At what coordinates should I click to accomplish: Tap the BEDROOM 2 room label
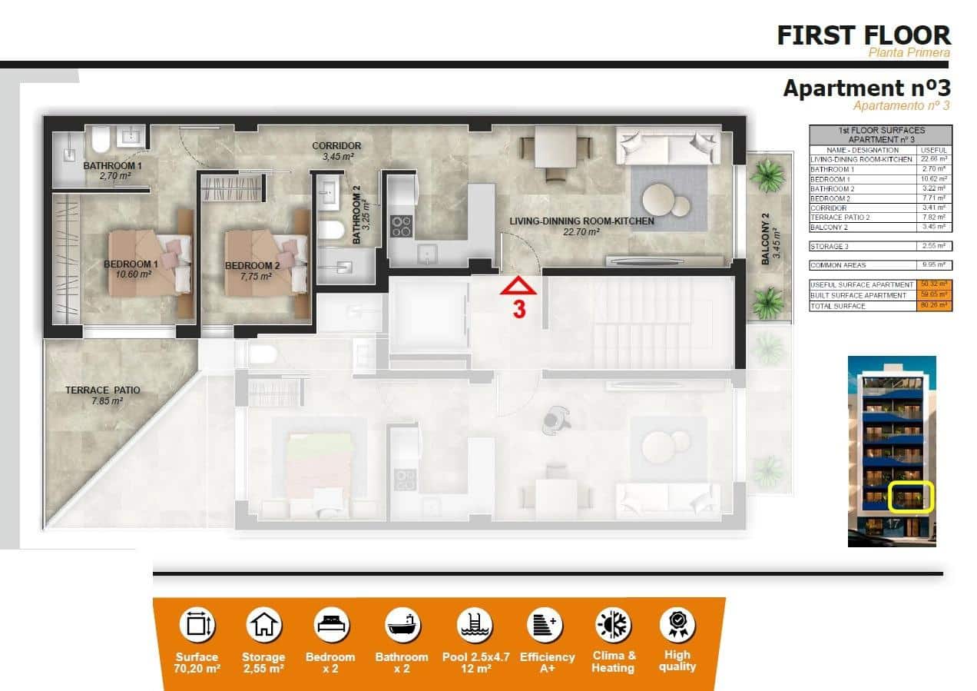pos(247,267)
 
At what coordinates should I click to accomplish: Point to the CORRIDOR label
pos(336,146)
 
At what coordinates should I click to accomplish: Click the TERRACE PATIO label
pos(102,390)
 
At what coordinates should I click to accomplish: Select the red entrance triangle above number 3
pos(518,287)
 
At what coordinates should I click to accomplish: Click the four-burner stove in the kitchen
pos(402,225)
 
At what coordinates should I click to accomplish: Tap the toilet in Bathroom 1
pos(99,141)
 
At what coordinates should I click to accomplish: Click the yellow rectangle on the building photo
pos(911,497)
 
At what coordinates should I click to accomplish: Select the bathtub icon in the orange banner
pos(401,624)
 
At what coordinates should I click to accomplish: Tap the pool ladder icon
pos(473,624)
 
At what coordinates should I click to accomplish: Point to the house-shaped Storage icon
pos(263,624)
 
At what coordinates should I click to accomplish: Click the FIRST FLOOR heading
pos(863,35)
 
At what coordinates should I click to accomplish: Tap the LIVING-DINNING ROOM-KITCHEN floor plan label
pos(581,221)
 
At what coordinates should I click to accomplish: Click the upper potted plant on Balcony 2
pos(767,177)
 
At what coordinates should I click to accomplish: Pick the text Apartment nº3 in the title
pos(866,88)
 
